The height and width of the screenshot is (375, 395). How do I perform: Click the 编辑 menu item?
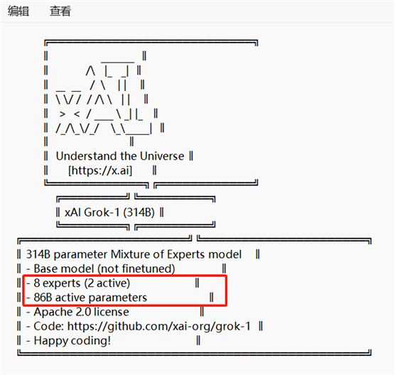pos(18,11)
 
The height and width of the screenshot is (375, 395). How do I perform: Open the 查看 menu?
pos(60,11)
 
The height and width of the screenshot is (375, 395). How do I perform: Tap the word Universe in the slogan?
pos(162,156)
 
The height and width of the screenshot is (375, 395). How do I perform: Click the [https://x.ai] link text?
pos(100,170)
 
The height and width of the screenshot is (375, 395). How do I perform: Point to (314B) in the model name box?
pos(139,212)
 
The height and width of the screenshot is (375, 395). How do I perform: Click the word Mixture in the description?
pos(130,254)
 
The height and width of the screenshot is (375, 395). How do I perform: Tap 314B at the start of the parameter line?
pos(38,254)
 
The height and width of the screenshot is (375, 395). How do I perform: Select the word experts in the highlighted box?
pos(62,283)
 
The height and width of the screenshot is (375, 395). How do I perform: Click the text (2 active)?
pos(107,283)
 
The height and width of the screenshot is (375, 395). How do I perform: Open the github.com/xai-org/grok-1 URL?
pos(159,327)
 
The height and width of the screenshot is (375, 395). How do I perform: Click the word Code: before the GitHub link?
pos(49,327)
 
